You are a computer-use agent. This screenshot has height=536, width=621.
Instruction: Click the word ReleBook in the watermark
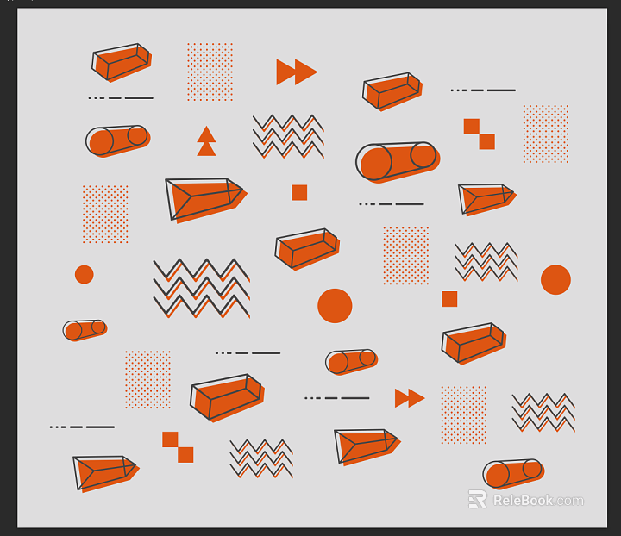(x=523, y=501)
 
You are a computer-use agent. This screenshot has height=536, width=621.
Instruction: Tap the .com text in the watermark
(x=568, y=502)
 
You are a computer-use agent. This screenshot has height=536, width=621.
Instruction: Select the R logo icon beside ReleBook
(x=477, y=499)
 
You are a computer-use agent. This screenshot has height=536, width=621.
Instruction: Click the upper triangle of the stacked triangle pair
(x=206, y=134)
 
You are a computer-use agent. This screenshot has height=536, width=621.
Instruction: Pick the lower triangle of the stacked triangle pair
(x=206, y=149)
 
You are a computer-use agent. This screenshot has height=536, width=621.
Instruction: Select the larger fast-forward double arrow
(x=297, y=72)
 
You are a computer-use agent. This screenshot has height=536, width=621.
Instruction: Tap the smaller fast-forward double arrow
(x=410, y=398)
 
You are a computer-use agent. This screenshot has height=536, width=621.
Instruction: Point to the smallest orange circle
(x=84, y=275)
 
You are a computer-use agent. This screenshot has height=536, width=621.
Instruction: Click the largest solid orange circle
(x=335, y=306)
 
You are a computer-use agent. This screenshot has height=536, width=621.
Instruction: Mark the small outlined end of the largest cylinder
(x=423, y=154)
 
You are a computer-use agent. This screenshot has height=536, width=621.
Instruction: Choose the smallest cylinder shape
(x=85, y=330)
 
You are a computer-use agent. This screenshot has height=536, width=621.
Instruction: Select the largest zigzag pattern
(x=202, y=289)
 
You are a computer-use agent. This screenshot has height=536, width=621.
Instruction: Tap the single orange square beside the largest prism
(x=299, y=193)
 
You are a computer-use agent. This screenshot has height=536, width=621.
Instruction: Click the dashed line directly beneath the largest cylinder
(x=392, y=203)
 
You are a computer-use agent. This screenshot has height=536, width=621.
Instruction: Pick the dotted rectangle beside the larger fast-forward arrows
(x=210, y=72)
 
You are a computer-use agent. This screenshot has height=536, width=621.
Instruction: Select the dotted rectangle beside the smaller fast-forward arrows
(x=464, y=415)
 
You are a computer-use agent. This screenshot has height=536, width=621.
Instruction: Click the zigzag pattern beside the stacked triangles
(x=288, y=136)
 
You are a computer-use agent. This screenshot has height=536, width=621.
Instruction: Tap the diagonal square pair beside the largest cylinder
(x=480, y=134)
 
